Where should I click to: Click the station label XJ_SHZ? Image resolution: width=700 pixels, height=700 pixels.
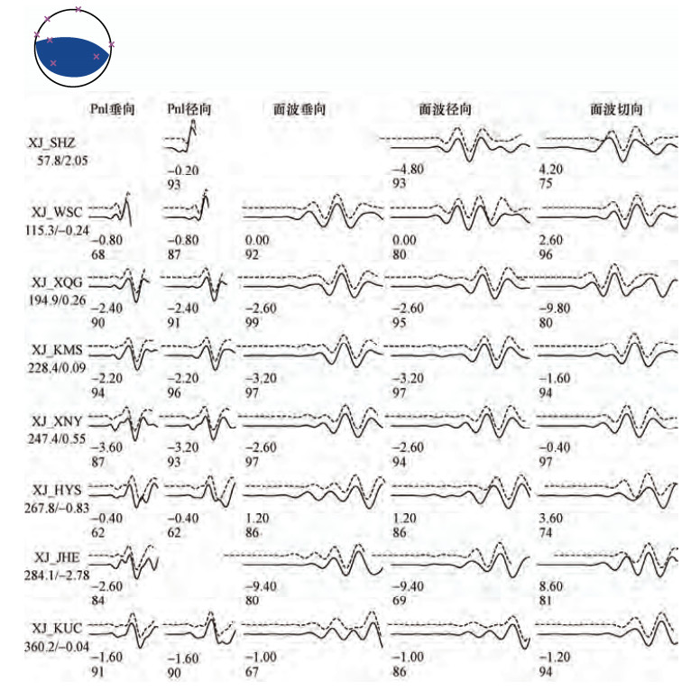51,143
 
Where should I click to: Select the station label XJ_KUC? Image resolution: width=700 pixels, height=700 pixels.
57,628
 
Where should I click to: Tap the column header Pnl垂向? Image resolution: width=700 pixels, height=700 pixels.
113,109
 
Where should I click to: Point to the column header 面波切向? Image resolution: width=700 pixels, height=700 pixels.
616,109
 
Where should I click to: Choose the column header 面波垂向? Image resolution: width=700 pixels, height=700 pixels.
299,109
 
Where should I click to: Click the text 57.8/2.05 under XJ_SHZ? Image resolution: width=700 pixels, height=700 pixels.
62,161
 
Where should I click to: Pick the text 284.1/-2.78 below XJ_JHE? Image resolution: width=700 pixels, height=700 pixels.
57,575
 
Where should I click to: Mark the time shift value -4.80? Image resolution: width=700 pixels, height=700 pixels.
408,170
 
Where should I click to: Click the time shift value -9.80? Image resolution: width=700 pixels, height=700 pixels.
555,308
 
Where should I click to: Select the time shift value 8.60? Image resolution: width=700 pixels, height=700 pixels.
551,585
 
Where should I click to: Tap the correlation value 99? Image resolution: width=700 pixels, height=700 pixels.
253,322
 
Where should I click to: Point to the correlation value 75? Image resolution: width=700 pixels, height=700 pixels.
546,183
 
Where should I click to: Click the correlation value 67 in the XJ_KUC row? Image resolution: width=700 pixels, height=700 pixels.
253,671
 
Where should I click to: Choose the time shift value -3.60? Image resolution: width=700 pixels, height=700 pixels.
106,447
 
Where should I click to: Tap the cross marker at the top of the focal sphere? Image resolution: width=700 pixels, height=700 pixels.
78,9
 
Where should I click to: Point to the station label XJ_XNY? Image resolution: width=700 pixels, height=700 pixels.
57,421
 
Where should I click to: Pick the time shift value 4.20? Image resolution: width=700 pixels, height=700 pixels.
551,170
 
